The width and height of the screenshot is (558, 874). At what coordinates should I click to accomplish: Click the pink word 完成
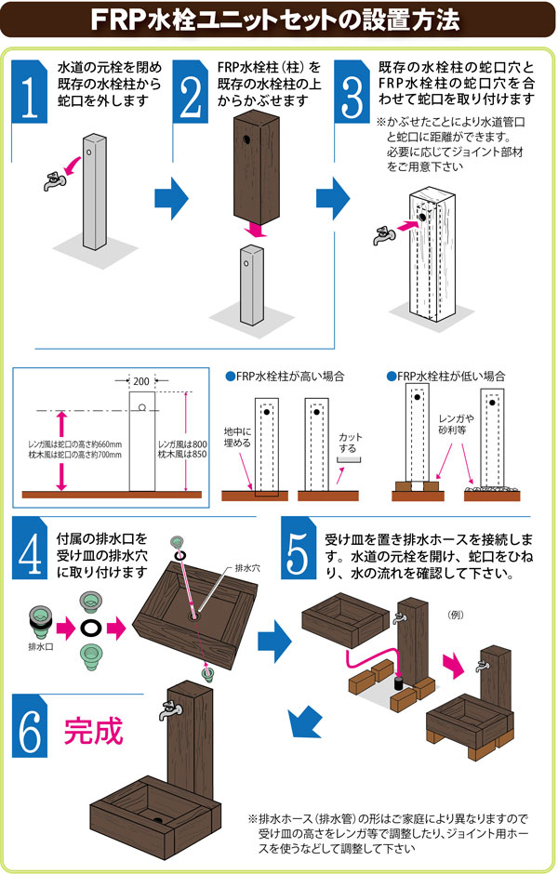93,732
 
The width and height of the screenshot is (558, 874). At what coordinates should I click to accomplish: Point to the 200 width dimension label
141,381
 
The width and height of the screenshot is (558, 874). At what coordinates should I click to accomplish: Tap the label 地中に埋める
238,438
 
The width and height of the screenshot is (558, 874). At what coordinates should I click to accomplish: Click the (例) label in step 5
456,614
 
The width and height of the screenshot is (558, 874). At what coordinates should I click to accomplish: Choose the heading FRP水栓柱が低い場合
446,377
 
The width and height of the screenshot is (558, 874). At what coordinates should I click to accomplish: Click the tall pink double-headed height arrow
62,452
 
